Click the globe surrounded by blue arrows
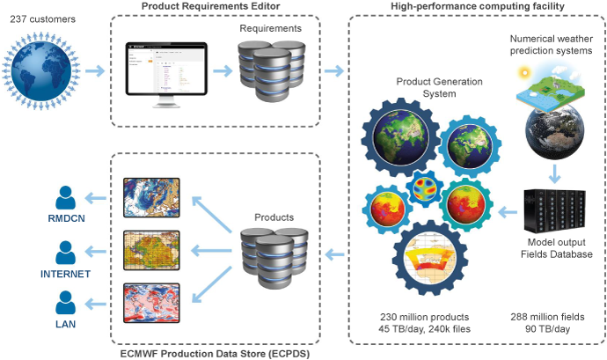[x=45, y=69]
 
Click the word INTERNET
[x=67, y=275]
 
